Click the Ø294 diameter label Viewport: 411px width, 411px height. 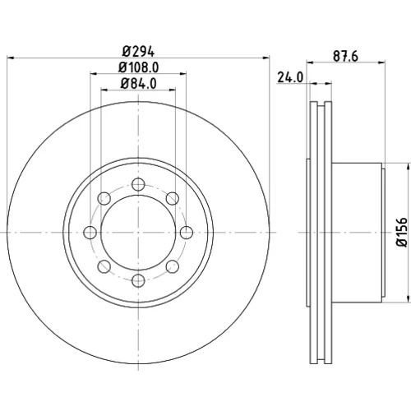coord(138,52)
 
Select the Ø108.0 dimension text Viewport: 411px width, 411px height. coord(138,67)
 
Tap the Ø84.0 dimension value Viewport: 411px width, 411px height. coord(138,84)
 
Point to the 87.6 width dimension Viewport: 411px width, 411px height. coord(345,57)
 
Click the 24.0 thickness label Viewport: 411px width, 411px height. coord(290,77)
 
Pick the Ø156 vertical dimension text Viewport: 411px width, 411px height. coord(404,232)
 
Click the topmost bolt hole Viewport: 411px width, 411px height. coord(138,184)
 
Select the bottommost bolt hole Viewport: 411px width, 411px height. coord(138,280)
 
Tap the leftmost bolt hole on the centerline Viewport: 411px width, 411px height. coord(90,233)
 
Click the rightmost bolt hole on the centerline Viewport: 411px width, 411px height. coord(187,233)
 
